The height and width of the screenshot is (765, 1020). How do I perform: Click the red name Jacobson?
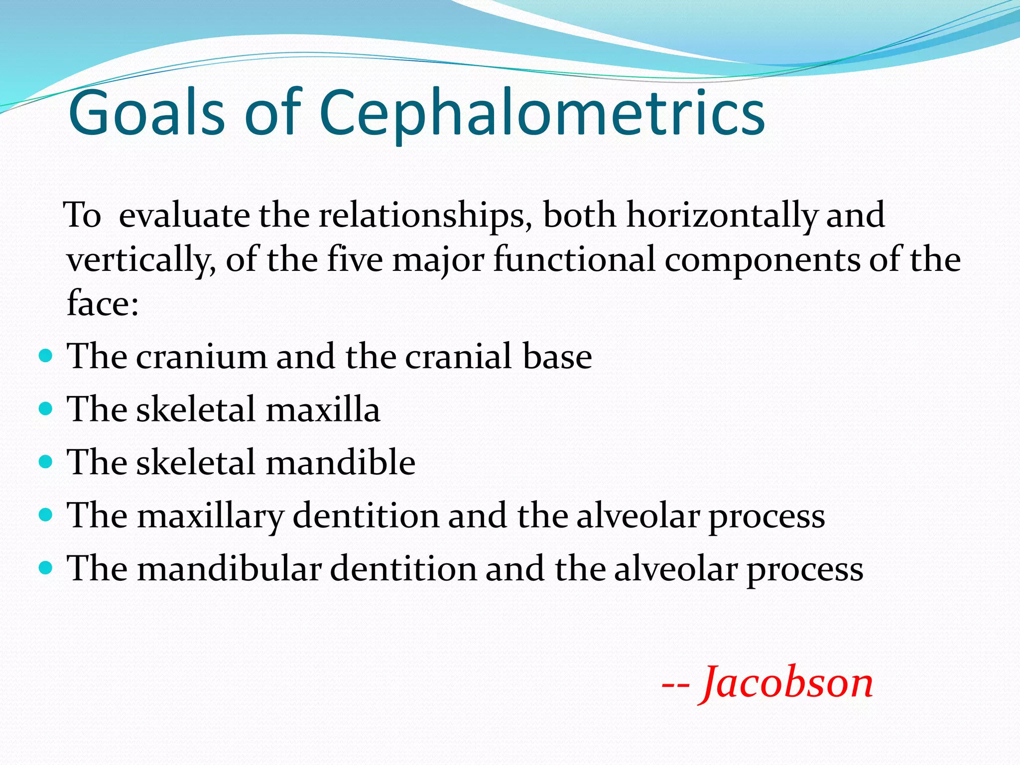(x=787, y=683)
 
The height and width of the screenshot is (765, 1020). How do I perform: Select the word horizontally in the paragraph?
(x=722, y=215)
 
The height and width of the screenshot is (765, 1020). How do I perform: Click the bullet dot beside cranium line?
(x=45, y=356)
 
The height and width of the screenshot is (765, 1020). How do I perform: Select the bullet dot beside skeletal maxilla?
(x=45, y=409)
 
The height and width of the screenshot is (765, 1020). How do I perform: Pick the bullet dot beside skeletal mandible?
(x=45, y=462)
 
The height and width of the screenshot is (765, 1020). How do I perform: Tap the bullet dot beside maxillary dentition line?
(x=45, y=514)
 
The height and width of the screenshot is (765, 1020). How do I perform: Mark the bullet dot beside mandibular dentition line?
(x=45, y=567)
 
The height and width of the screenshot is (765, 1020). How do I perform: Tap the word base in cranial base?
(x=557, y=357)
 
